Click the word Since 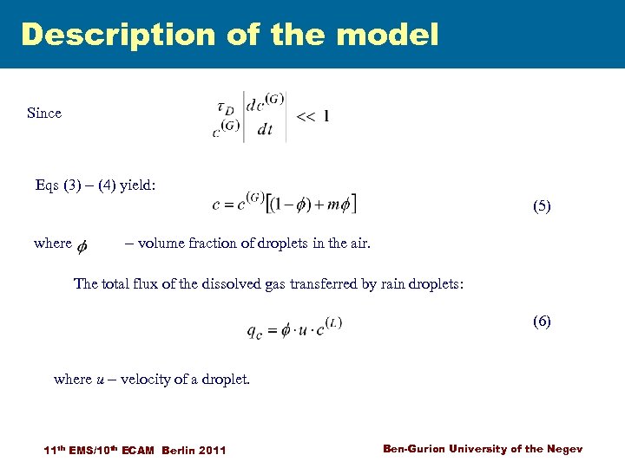pos(44,114)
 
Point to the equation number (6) pos(542,321)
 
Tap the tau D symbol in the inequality pos(224,107)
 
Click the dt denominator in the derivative pos(260,130)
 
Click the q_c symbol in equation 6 pos(256,331)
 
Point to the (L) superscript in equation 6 pos(333,322)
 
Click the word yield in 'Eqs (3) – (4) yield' pos(137,184)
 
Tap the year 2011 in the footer pos(213,450)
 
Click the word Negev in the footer pos(565,448)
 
